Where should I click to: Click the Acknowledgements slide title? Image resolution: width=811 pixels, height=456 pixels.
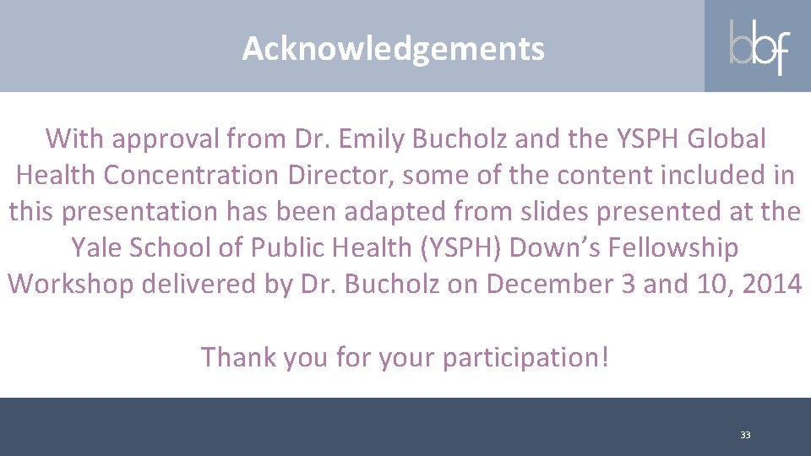click(x=394, y=49)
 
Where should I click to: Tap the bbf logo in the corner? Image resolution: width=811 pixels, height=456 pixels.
click(x=759, y=46)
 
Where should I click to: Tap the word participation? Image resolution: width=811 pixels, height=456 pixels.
click(x=525, y=358)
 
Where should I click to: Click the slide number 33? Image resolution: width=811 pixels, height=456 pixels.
click(x=745, y=435)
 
